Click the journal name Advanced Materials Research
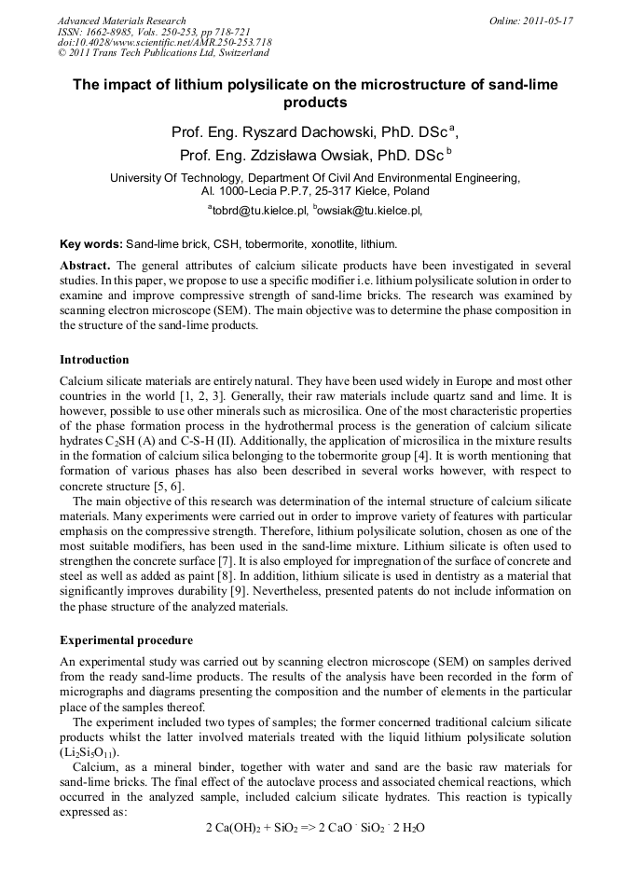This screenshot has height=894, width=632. (121, 21)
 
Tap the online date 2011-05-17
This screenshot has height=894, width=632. (546, 21)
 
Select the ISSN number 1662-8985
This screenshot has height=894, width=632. (112, 32)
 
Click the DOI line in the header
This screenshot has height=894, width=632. (164, 43)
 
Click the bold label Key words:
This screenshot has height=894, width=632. (91, 244)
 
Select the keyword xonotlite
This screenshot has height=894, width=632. (323, 244)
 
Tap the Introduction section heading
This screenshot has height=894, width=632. (94, 360)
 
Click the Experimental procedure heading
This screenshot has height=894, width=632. (126, 640)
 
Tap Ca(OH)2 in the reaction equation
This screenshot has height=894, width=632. (234, 828)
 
